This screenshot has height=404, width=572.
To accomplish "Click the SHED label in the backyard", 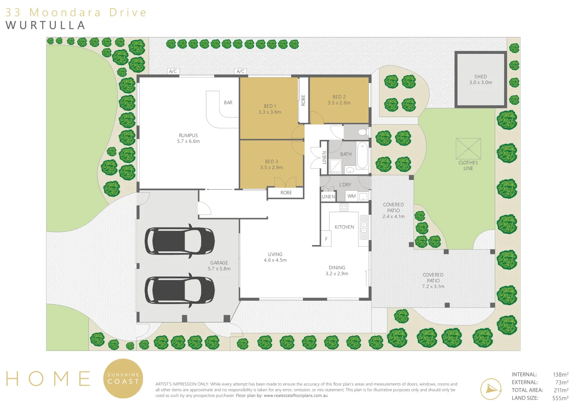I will click(480, 76).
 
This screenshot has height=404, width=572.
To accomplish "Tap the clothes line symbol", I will click(468, 149).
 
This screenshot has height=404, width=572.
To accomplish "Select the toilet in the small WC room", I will click(362, 132).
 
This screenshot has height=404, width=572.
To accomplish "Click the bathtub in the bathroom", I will click(362, 155).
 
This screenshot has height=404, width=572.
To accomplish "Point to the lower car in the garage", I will click(179, 290).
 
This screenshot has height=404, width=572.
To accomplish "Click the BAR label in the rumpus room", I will click(228, 102).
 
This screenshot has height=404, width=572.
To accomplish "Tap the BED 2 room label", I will click(339, 97).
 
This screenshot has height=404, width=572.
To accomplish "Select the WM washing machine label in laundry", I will click(351, 196).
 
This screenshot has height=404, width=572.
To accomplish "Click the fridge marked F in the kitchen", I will click(326, 239).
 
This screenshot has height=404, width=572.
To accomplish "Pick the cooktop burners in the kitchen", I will click(344, 207).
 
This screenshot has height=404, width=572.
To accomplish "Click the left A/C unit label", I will click(173, 71).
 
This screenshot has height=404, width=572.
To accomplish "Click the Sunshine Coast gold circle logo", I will click(123, 379).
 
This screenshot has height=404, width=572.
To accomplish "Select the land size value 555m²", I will click(560, 398).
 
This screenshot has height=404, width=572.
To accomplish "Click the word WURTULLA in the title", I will click(46, 25).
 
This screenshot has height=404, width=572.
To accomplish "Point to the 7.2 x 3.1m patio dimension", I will click(433, 287).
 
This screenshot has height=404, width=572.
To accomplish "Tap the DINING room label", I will click(337, 268).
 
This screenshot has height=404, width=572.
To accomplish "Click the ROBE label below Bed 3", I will click(286, 193).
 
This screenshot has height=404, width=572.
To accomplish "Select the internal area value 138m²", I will click(560, 374).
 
